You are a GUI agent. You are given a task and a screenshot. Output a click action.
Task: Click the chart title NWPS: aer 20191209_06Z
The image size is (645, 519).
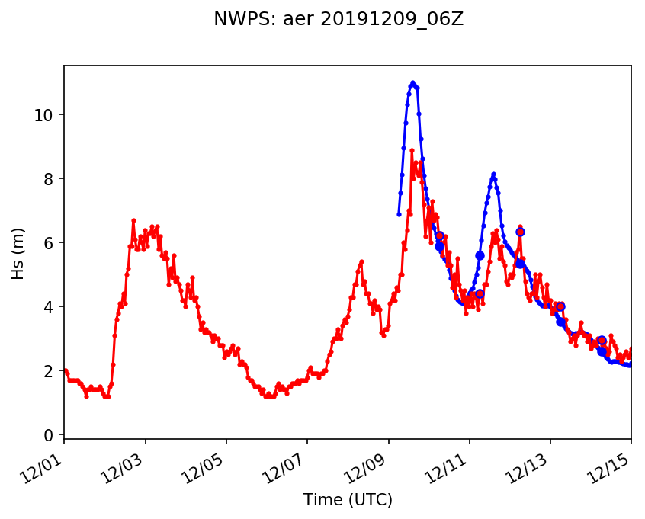pyautogui.click(x=339, y=20)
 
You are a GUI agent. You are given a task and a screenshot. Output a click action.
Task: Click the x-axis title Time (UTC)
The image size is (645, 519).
pyautogui.click(x=348, y=500)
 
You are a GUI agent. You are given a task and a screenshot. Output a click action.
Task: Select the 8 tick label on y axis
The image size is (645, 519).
pyautogui.click(x=50, y=179)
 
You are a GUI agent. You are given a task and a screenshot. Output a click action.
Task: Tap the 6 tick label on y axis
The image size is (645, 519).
pyautogui.click(x=50, y=243)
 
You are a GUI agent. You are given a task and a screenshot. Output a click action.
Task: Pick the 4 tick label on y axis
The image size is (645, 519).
pyautogui.click(x=50, y=307)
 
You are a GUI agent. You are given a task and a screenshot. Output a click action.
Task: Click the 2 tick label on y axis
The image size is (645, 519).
pyautogui.click(x=50, y=371)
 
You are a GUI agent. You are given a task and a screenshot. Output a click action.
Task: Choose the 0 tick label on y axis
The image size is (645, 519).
pyautogui.click(x=50, y=435)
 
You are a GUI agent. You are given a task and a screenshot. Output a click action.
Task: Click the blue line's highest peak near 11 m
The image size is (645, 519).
pyautogui.click(x=412, y=82)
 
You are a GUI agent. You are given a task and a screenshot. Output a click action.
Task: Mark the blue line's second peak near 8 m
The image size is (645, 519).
pyautogui.click(x=493, y=175)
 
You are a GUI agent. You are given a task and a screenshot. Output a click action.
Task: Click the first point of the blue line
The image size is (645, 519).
pyautogui.click(x=399, y=214)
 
